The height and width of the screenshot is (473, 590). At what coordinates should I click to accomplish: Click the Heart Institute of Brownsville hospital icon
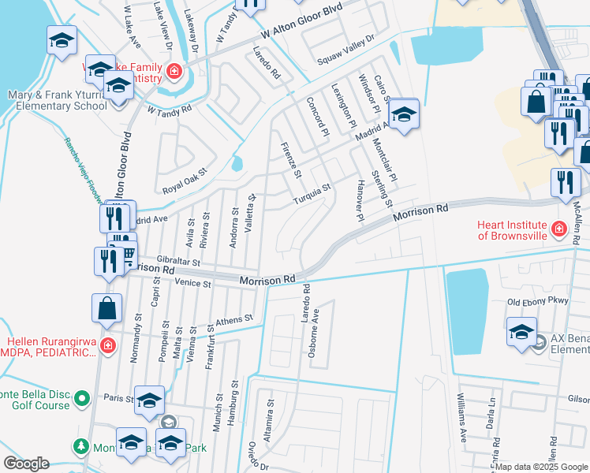point(558,229)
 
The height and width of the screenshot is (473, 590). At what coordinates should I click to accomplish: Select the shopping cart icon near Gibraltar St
point(127,253)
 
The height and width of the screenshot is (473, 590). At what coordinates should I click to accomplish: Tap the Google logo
point(26,464)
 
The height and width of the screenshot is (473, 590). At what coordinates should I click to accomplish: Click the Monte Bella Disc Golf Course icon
point(81,400)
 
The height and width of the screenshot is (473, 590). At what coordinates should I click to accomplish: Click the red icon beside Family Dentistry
point(173,73)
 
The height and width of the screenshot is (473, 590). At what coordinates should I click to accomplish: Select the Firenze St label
point(290,159)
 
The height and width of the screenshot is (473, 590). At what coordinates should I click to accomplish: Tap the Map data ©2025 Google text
point(540,467)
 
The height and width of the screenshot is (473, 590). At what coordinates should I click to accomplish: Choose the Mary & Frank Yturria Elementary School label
point(54,100)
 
